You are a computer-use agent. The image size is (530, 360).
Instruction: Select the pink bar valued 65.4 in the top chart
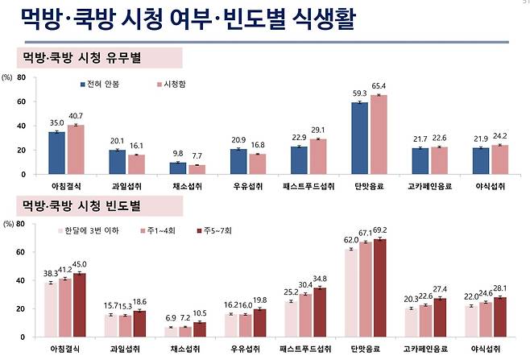pos(378,134)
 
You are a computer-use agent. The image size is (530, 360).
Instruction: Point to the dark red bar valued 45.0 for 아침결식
pos(78,304)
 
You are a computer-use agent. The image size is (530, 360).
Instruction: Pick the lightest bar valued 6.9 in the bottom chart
pos(171,331)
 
